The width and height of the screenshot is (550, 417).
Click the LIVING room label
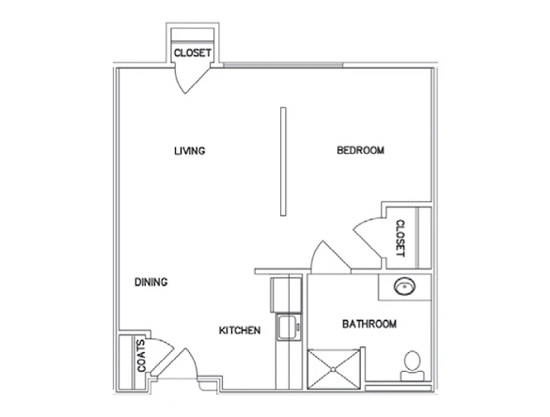pyautogui.click(x=189, y=150)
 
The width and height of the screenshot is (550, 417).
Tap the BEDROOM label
pyautogui.click(x=361, y=150)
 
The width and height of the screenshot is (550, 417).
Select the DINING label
pyautogui.click(x=150, y=281)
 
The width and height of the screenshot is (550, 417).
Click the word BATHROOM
pyautogui.click(x=368, y=324)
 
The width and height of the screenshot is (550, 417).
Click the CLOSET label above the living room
pyautogui.click(x=192, y=54)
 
